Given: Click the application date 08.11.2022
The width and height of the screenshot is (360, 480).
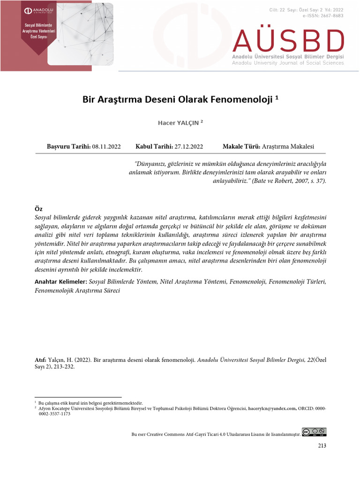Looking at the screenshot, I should click(106, 147).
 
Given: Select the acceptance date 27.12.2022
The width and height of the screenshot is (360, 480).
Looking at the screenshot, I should click(188, 147).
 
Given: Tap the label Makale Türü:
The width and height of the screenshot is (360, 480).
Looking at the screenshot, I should click(241, 147).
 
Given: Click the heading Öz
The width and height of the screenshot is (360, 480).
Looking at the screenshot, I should click(39, 209).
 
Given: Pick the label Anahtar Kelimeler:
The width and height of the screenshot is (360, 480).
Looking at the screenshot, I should click(61, 282).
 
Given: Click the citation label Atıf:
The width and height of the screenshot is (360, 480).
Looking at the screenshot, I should click(40, 360).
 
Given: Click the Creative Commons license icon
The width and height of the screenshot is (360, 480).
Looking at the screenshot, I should click(314, 432).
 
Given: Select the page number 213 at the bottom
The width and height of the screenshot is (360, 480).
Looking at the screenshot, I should click(322, 446).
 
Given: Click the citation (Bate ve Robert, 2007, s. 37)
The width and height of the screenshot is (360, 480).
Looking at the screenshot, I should click(289, 181).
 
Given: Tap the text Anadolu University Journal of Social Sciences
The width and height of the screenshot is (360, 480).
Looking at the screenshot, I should click(288, 63).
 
